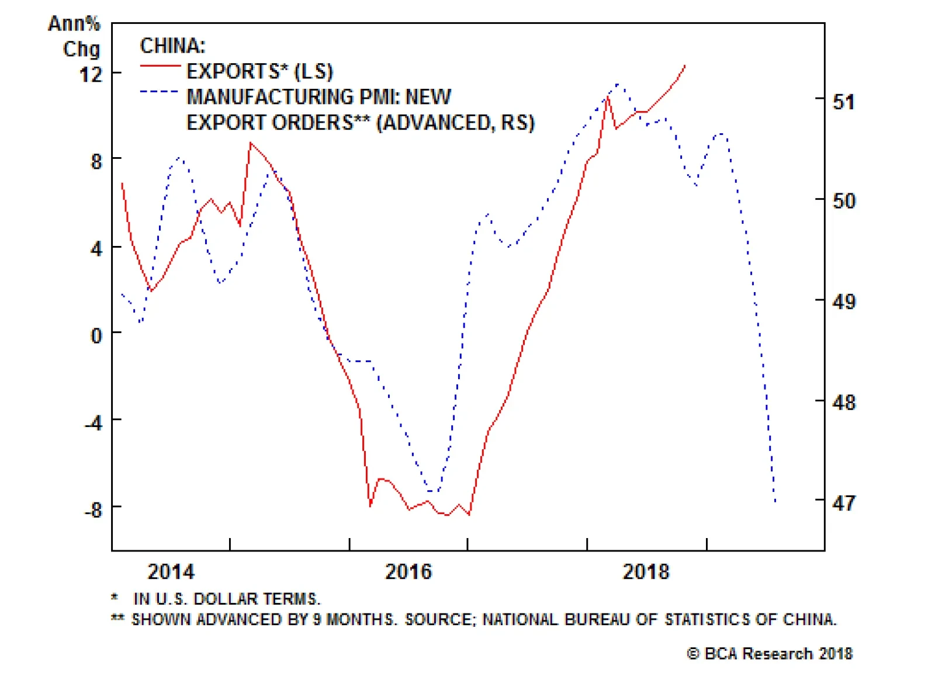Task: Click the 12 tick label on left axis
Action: [91, 74]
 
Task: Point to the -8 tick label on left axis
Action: [93, 509]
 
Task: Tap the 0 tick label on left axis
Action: [96, 335]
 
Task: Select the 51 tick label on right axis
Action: [843, 102]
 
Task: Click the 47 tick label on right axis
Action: [843, 502]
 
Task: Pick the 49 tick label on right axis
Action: [843, 301]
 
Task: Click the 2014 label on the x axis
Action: [171, 571]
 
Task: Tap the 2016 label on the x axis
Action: [408, 571]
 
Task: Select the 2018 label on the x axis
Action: [646, 571]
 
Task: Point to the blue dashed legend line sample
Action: [160, 92]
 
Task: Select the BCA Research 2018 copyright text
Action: [770, 653]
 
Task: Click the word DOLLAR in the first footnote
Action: [225, 599]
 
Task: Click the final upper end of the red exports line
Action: [685, 66]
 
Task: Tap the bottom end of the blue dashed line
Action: [775, 501]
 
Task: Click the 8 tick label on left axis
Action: [96, 161]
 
